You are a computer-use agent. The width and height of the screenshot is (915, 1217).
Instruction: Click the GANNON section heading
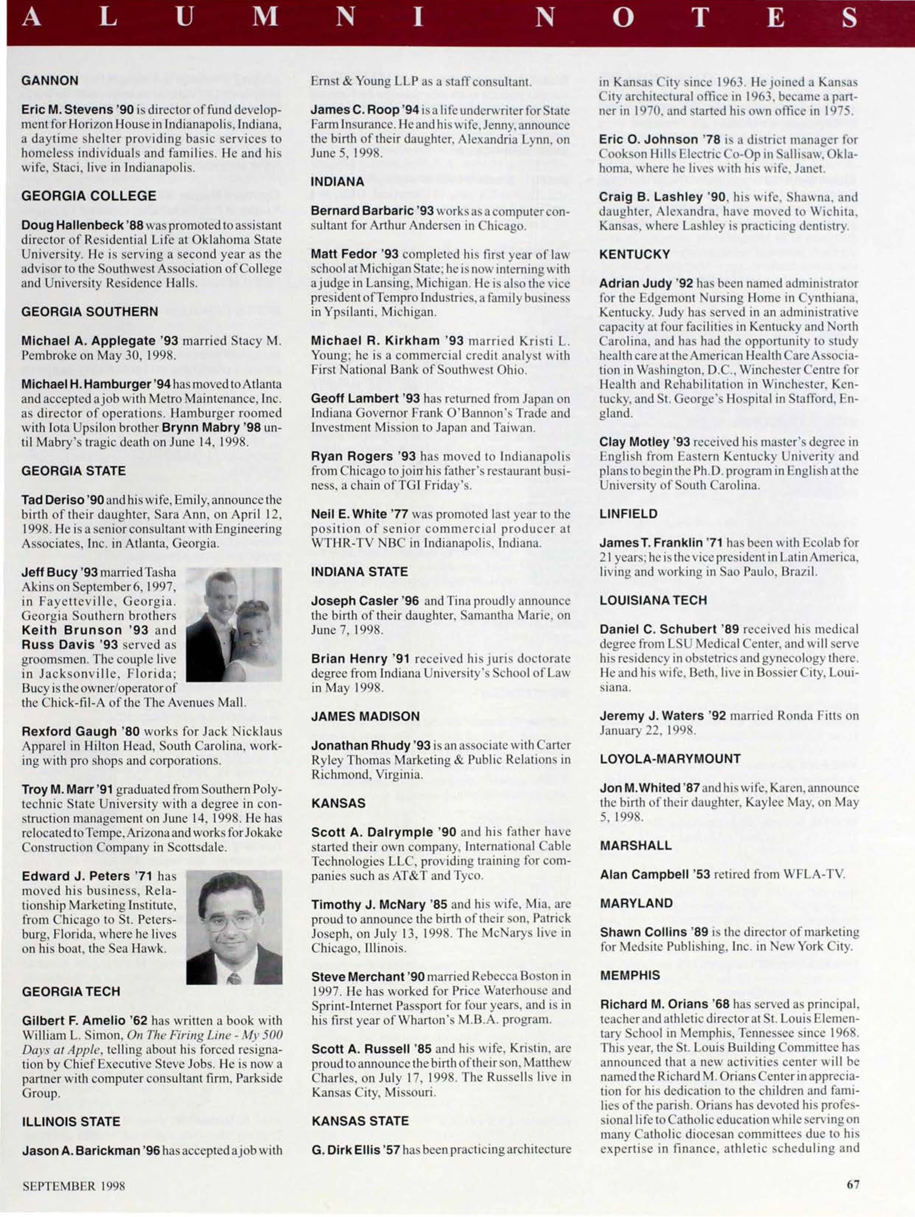point(49,80)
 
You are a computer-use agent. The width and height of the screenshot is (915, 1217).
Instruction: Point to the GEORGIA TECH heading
point(70,991)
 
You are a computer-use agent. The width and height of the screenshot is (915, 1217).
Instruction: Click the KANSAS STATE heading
point(360,1121)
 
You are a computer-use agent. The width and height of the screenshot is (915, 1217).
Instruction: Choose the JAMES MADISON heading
point(365,716)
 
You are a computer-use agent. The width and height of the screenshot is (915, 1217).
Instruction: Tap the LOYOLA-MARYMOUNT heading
point(670,759)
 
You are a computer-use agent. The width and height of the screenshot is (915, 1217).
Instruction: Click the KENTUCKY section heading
point(635,254)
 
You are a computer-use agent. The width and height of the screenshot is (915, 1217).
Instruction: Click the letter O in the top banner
point(624,20)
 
